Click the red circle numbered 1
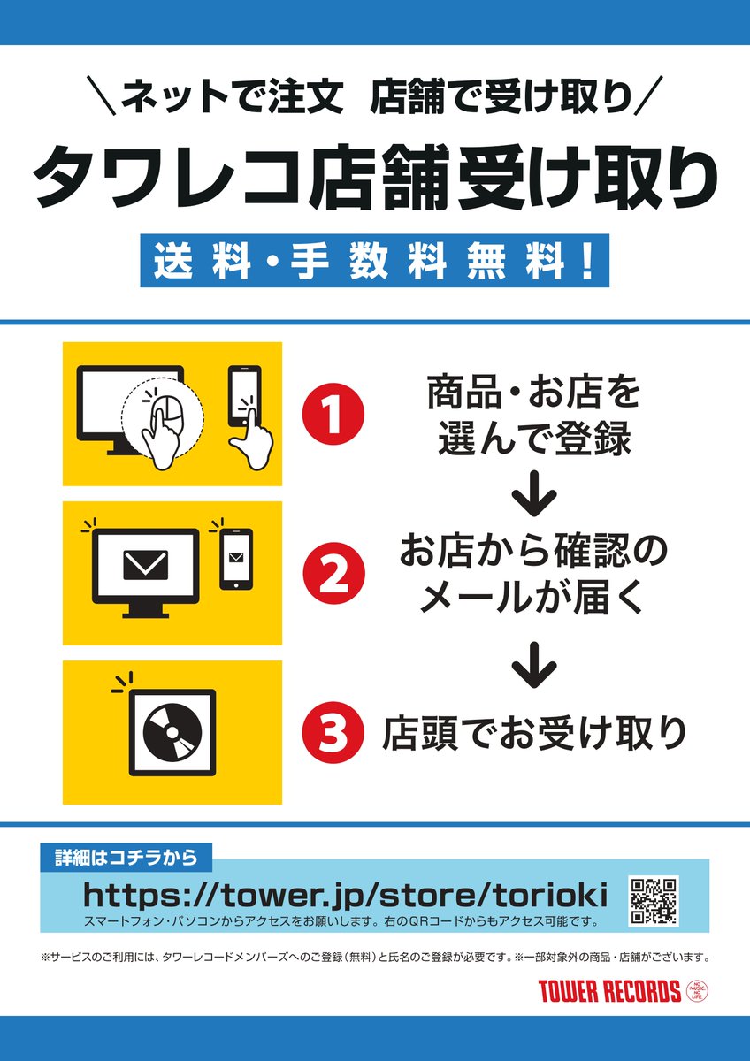click(x=333, y=414)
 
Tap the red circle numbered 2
click(x=333, y=573)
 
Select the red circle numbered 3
click(x=333, y=731)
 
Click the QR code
click(x=654, y=902)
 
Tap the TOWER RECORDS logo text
click(x=609, y=991)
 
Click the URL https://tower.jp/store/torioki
click(x=345, y=895)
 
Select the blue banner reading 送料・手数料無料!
click(x=375, y=261)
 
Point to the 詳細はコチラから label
click(x=126, y=857)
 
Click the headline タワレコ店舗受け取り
click(x=375, y=174)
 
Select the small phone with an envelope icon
click(x=236, y=559)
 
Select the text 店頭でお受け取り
click(x=534, y=733)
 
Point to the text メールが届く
click(x=533, y=601)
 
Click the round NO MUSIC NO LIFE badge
click(x=698, y=991)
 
